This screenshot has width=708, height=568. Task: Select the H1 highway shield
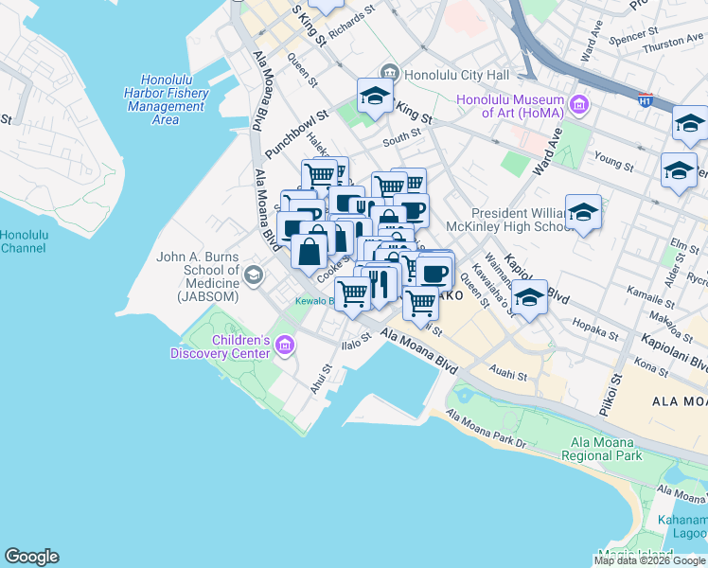[645, 98]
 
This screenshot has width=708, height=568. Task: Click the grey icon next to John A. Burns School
[253, 275]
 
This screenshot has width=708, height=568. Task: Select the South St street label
[401, 140]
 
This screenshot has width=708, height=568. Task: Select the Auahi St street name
[509, 375]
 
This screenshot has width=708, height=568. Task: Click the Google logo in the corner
[31, 557]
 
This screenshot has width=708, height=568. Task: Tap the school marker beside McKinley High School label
[583, 214]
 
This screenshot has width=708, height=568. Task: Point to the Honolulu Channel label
[17, 241]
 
